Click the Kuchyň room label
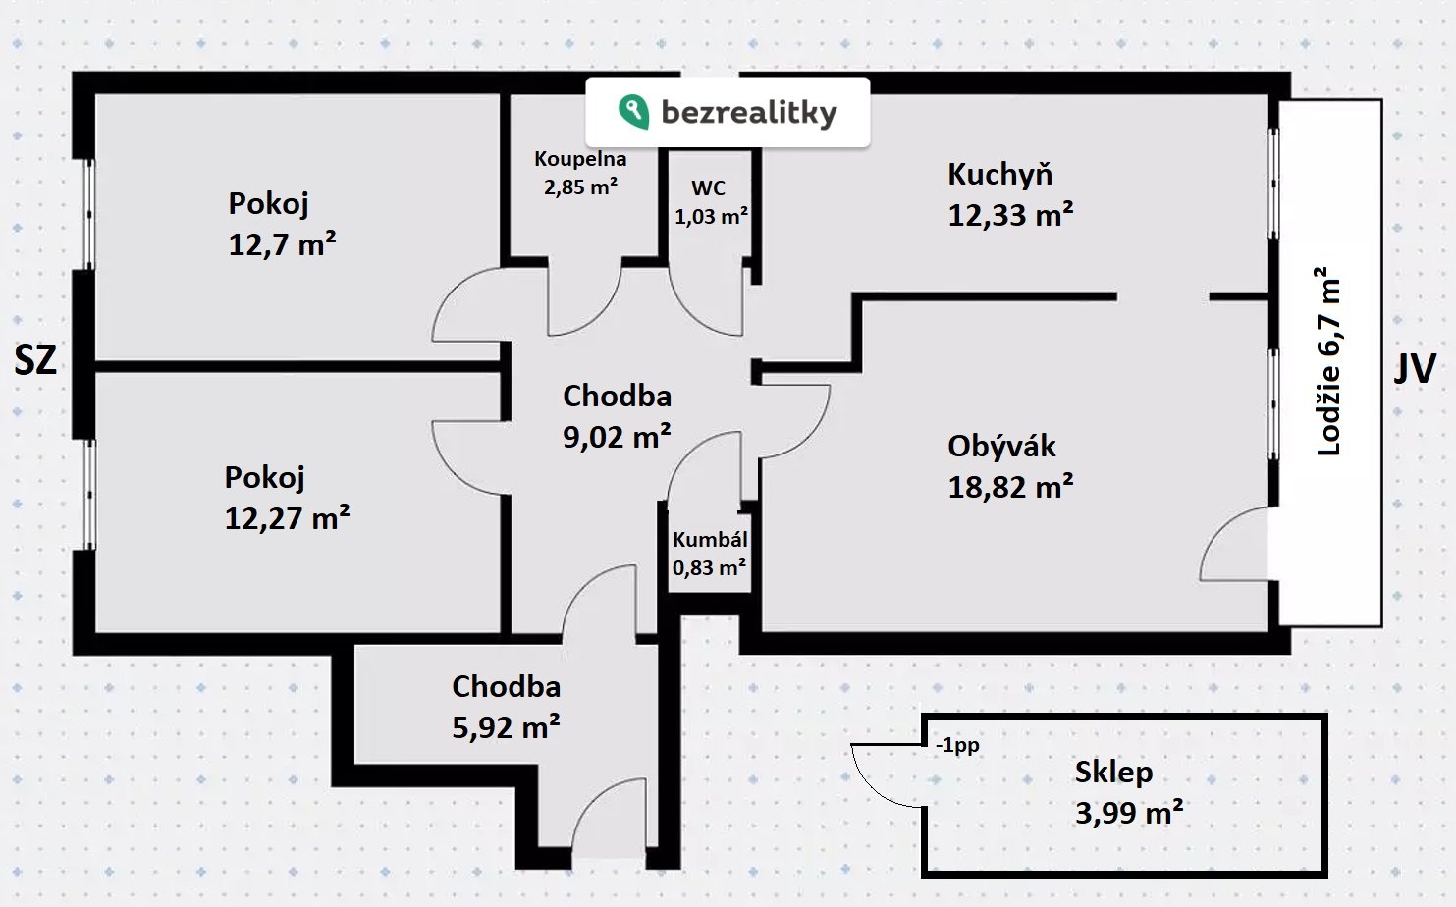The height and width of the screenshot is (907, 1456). pos(999,175)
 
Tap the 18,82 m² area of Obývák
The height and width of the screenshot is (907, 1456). pos(1010,487)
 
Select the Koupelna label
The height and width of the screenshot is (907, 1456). pos(580,159)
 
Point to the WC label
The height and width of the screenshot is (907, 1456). pos(708,188)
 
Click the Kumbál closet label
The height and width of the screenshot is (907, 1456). pos(710,540)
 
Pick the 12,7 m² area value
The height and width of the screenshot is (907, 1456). pos(282,243)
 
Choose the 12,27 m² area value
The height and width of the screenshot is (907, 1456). pos(287,517)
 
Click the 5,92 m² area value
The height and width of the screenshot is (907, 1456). pos(506,727)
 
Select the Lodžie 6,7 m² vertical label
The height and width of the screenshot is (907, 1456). pos(1328,361)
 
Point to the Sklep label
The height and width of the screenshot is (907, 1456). pos(1113,772)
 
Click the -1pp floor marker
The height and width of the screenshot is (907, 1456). pos(957,745)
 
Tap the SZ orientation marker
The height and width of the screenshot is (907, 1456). pos(35,360)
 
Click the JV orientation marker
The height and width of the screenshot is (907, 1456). pos(1415,368)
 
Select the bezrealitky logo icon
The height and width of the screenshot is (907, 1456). pos(633,111)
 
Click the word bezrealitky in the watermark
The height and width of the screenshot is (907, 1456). pos(749,112)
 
